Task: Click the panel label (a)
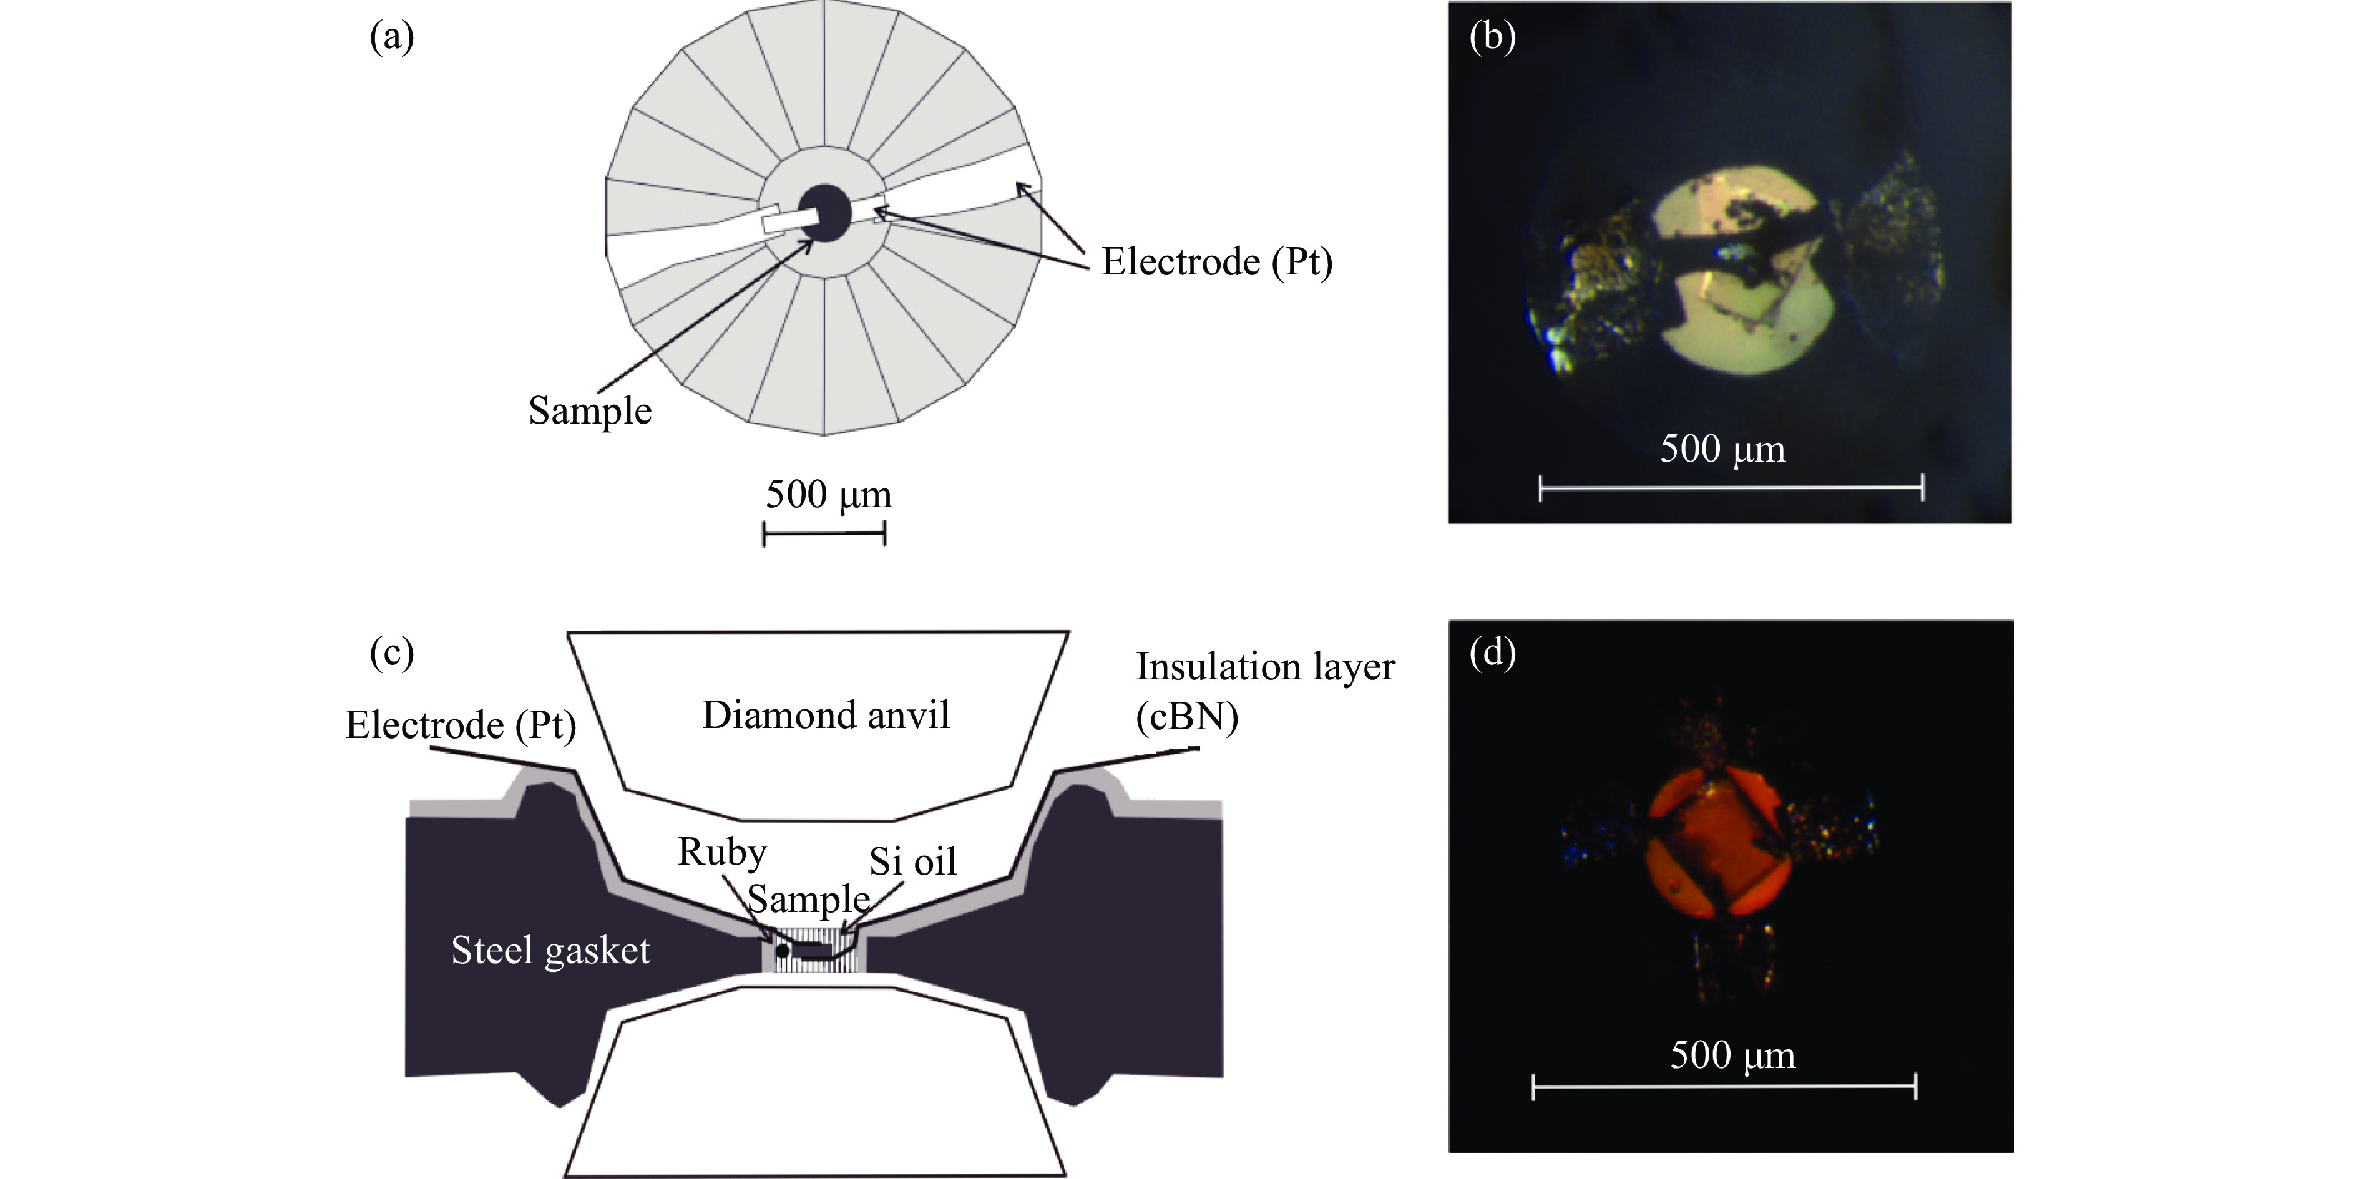pos(392,37)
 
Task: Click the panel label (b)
pos(1492,37)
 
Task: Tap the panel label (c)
pos(392,653)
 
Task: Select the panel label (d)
pos(1492,653)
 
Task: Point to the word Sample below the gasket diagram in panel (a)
pos(590,410)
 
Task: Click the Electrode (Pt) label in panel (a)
pos(1216,262)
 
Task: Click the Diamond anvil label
pos(825,715)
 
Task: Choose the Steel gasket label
pos(550,950)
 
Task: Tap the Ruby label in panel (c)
pos(721,851)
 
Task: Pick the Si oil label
pos(912,861)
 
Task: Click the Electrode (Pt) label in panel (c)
pos(461,725)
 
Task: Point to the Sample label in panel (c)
pos(808,899)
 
